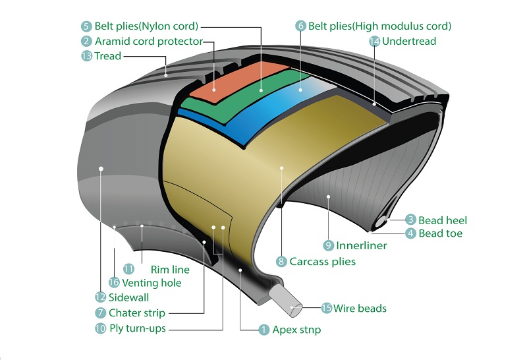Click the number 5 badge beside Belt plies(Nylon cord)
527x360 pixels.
pyautogui.click(x=86, y=26)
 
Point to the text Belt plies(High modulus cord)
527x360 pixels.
pyautogui.click(x=379, y=26)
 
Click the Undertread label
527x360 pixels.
pyautogui.click(x=409, y=41)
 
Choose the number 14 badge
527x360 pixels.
pyautogui.click(x=374, y=41)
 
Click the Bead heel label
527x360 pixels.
pyautogui.click(x=443, y=220)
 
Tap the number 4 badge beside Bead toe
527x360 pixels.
pyautogui.click(x=410, y=233)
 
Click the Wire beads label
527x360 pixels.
pyautogui.click(x=360, y=308)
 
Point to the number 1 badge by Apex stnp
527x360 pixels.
pyautogui.click(x=264, y=329)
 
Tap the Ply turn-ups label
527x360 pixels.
pyautogui.click(x=138, y=328)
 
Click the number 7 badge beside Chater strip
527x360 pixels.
pyautogui.click(x=100, y=313)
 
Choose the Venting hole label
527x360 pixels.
pyautogui.click(x=152, y=283)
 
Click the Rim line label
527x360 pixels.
pyautogui.click(x=170, y=269)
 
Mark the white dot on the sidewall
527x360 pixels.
pyautogui.click(x=101, y=168)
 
